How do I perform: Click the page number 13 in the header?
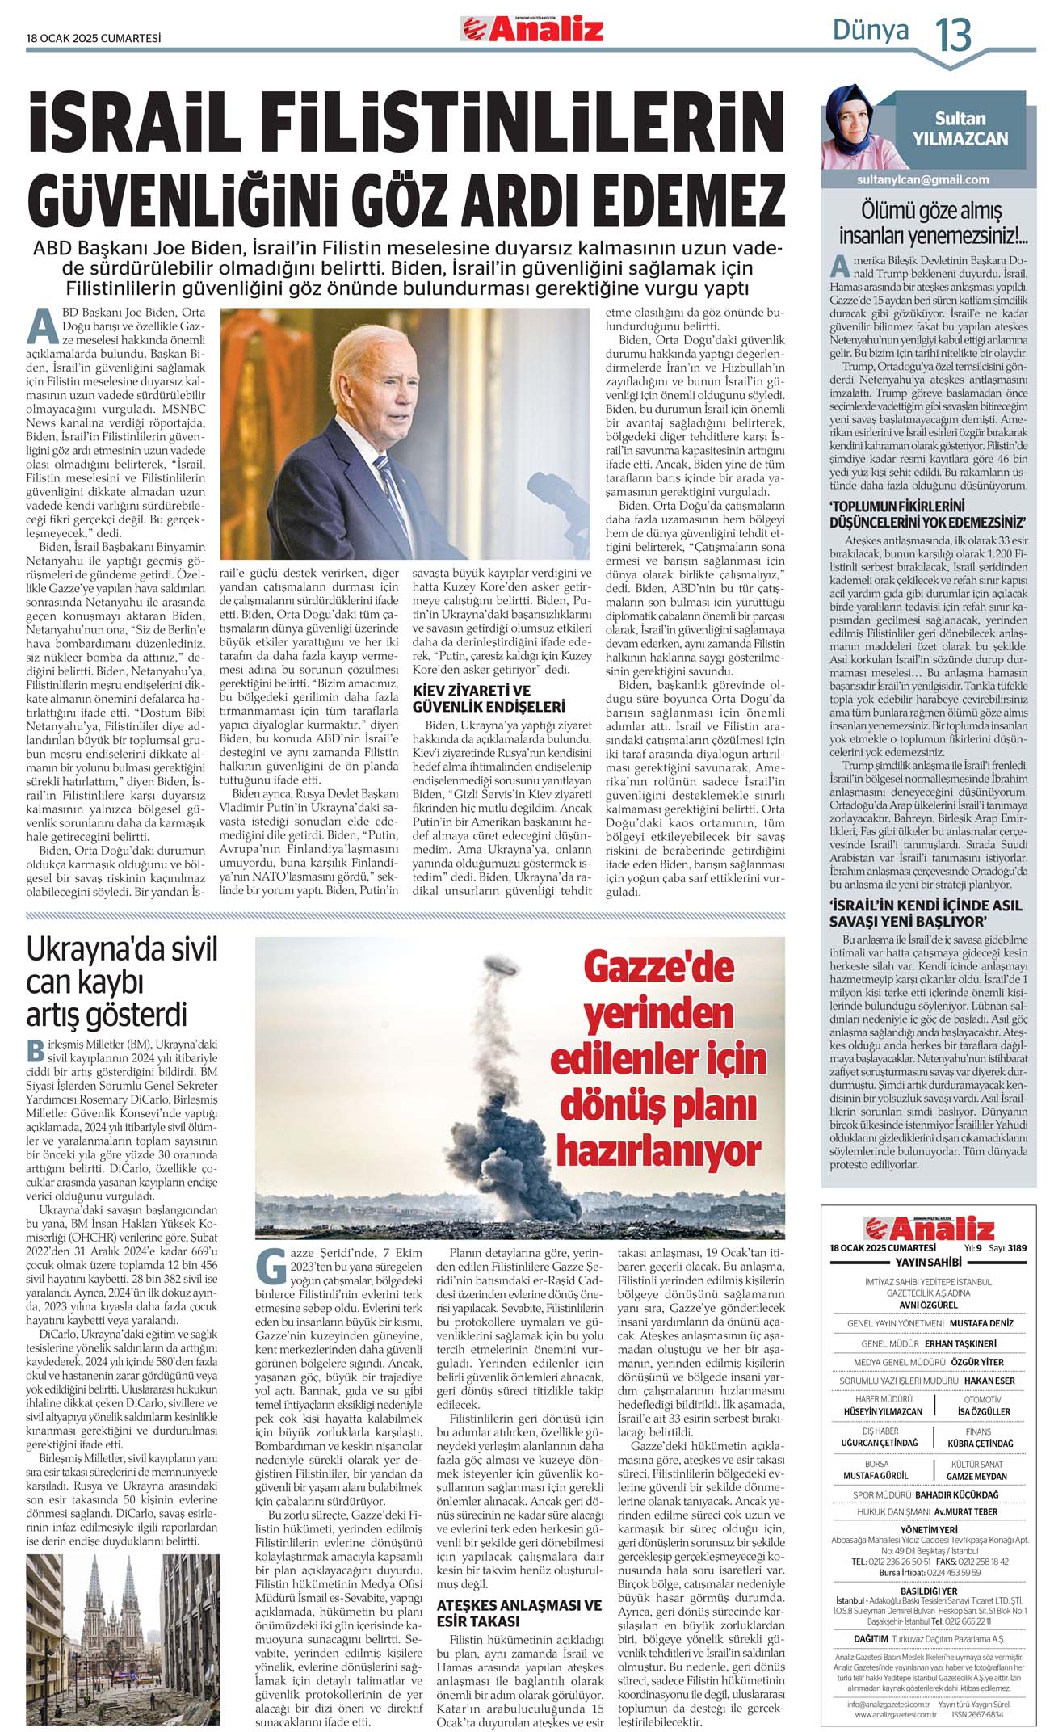click(x=953, y=35)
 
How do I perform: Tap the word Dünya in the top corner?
click(x=870, y=31)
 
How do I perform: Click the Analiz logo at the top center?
click(x=532, y=30)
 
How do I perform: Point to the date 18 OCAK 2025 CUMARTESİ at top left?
click(x=94, y=37)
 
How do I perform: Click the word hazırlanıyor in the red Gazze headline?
click(x=658, y=1150)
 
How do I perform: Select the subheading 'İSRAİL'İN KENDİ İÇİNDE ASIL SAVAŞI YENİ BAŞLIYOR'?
click(x=926, y=913)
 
